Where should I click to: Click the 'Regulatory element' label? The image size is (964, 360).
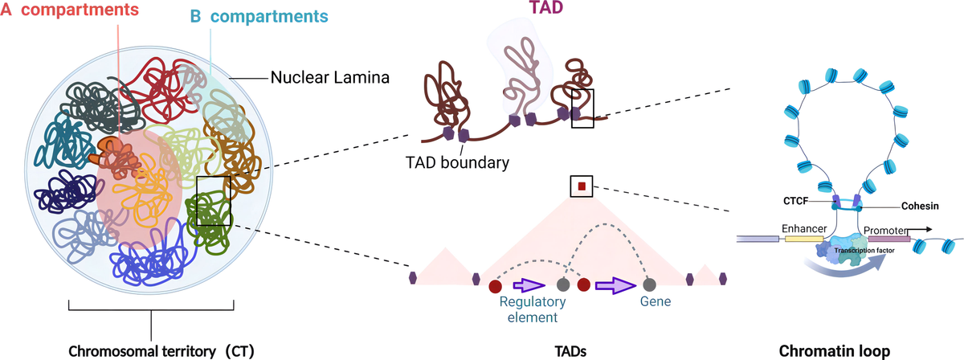coord(533,309)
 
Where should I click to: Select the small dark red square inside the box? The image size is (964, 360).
coord(582,187)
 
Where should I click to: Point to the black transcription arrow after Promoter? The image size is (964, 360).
coord(925,229)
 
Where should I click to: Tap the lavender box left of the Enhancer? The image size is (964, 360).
coord(755,239)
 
